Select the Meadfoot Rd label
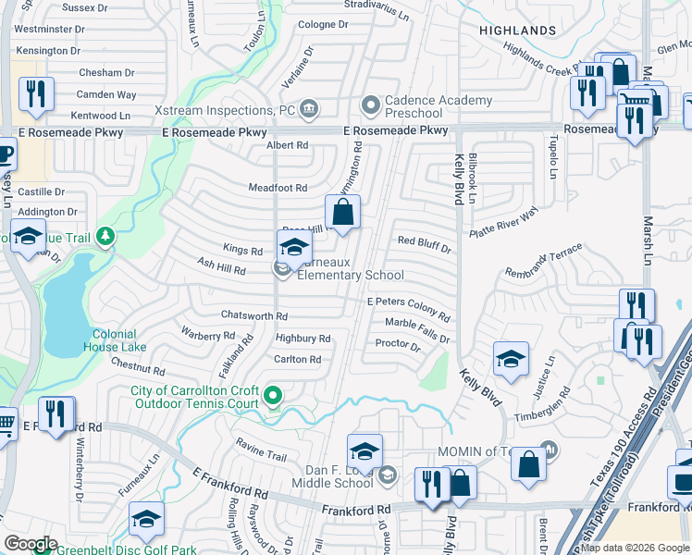pos(278,188)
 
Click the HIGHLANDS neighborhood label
pos(518,31)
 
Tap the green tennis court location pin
pos(272,397)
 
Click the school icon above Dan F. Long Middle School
pos(365,452)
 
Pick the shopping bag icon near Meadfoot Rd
pos(342,211)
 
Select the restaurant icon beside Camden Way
pos(36,94)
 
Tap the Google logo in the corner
pos(31,544)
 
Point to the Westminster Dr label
pos(50,29)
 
